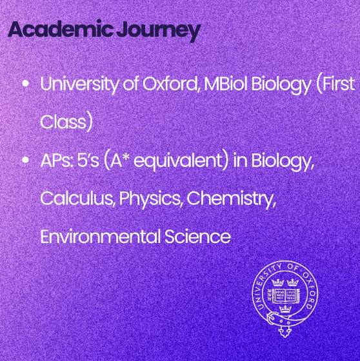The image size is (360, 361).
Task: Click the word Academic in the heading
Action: coord(61,29)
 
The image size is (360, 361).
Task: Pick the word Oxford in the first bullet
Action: coord(171,84)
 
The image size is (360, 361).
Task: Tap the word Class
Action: coord(66,122)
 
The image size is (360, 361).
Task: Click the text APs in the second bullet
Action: coord(57,161)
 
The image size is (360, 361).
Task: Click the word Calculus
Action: coord(78,199)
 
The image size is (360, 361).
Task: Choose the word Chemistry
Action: coord(231,199)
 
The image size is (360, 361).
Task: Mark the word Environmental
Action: coord(100,237)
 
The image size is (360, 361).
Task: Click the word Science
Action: coord(197,237)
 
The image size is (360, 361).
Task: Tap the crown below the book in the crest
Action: coord(285,309)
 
